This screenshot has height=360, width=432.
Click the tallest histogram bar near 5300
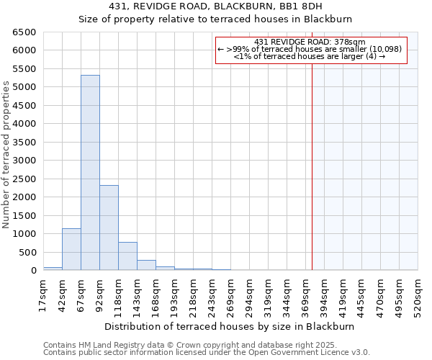point(90,173)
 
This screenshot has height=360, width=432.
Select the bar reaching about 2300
point(109,228)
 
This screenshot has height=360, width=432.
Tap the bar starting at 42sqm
point(71,249)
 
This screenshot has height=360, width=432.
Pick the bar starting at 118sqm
point(127,256)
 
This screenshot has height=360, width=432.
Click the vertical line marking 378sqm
point(312,158)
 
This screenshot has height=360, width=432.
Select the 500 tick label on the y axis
point(29,252)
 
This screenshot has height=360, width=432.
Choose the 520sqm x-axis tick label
point(418,295)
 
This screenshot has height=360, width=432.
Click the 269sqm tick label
point(230,295)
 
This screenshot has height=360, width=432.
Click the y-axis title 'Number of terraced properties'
point(6,155)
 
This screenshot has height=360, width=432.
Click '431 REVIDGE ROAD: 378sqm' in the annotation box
point(310,42)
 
